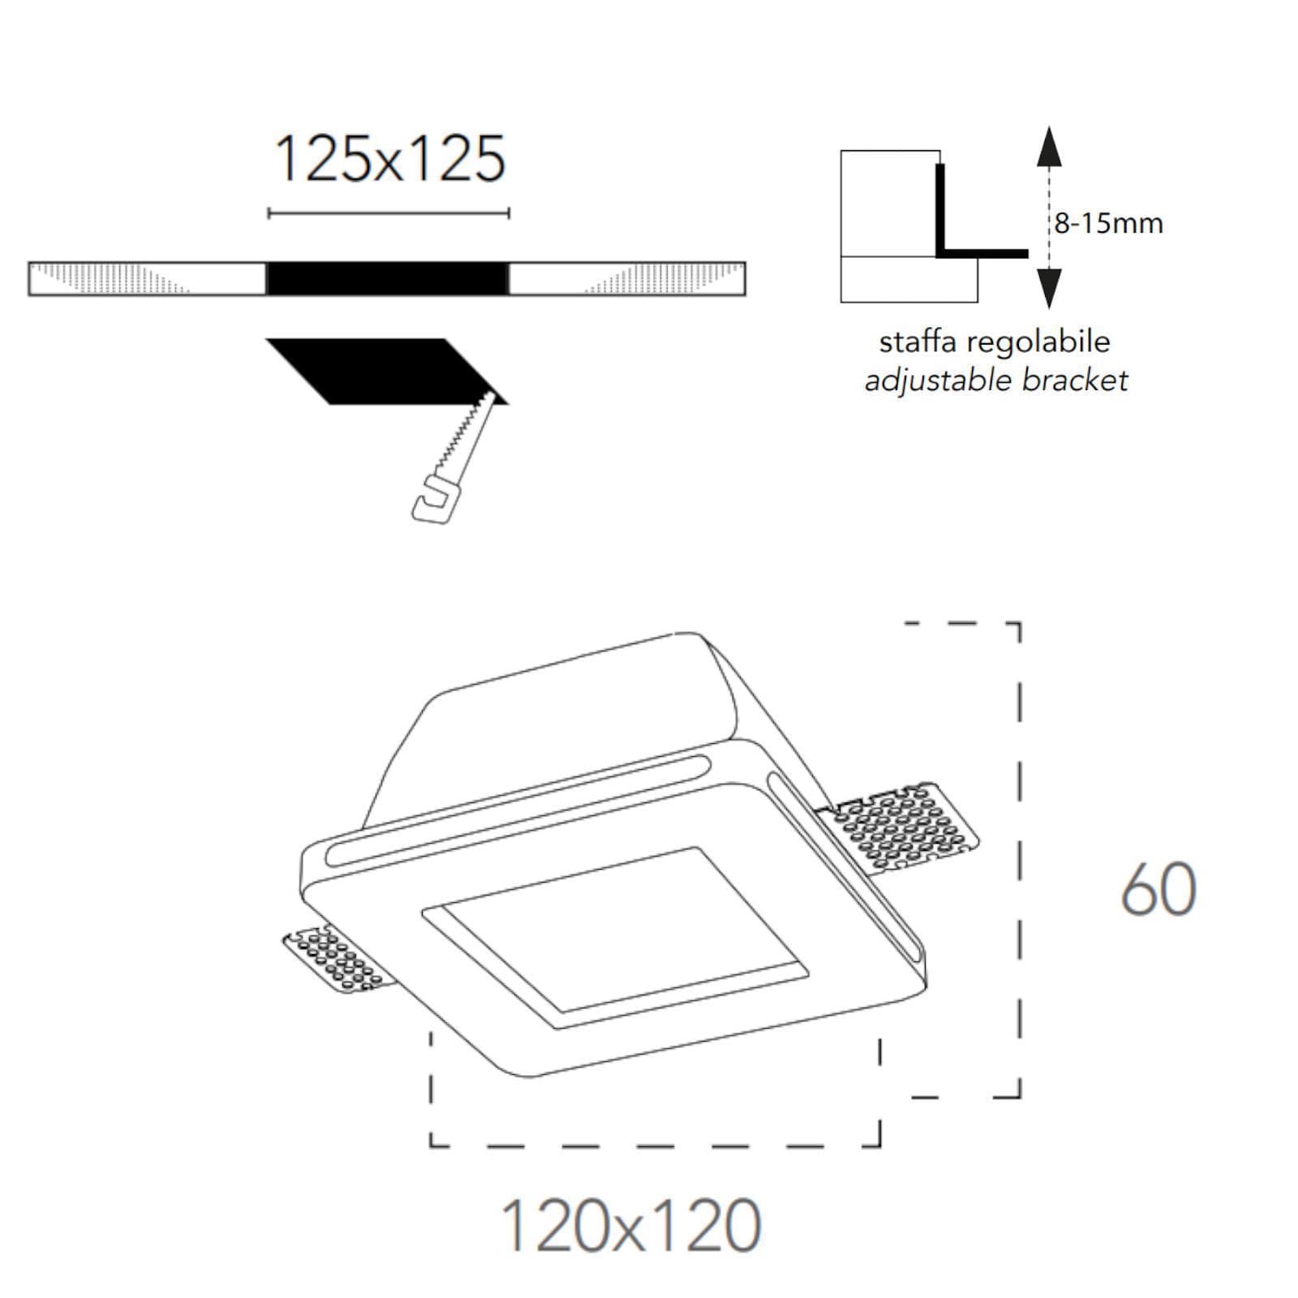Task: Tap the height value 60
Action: (x=1158, y=890)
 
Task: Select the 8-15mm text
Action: (x=1109, y=222)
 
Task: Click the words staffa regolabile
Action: (x=995, y=341)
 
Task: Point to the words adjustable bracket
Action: (x=996, y=380)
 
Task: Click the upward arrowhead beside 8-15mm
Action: (x=1049, y=147)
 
